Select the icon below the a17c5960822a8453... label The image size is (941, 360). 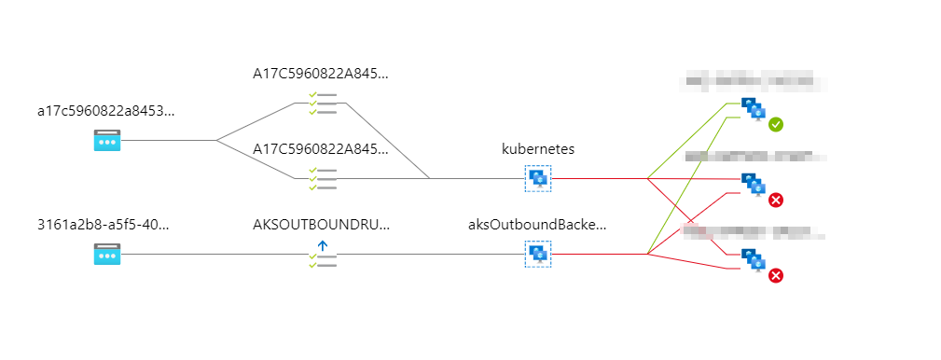click(x=107, y=141)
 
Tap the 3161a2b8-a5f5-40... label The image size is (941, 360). click(x=103, y=225)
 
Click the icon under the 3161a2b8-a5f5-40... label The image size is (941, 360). click(x=107, y=254)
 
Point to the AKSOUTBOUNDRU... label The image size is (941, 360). click(x=321, y=225)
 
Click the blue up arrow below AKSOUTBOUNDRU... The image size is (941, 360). click(x=323, y=245)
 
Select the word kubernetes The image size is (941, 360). click(x=537, y=149)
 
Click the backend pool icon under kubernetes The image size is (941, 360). click(x=538, y=177)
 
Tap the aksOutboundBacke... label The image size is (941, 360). click(x=537, y=225)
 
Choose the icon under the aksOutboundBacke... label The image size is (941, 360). click(x=538, y=254)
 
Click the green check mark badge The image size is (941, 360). click(x=776, y=124)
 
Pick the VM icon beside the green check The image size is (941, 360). click(x=753, y=109)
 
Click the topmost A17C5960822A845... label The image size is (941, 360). click(x=320, y=73)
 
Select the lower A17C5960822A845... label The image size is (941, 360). click(x=320, y=149)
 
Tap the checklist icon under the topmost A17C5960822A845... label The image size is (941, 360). click(x=323, y=103)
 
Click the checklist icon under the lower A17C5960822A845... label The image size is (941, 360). click(x=323, y=178)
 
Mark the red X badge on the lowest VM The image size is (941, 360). click(x=776, y=275)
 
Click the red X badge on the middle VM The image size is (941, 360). click(x=776, y=200)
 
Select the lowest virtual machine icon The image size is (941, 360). click(x=753, y=260)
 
